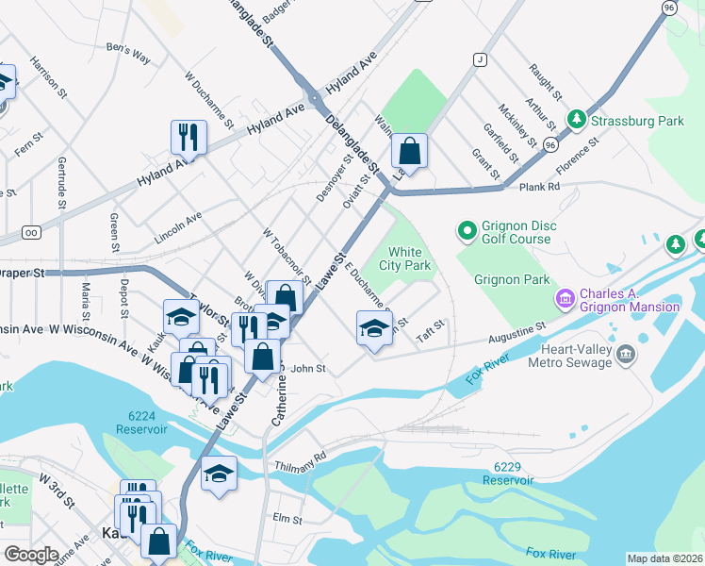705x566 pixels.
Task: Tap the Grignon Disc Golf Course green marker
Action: (x=466, y=230)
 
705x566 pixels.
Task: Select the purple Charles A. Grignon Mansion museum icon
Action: (x=566, y=299)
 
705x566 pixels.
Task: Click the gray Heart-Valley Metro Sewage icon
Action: (x=626, y=355)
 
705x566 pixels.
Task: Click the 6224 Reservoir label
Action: (x=141, y=422)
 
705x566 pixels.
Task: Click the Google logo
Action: (x=31, y=555)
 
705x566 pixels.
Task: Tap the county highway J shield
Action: (x=480, y=59)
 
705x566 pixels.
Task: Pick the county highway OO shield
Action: (x=32, y=231)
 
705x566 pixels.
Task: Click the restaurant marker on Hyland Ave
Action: (x=189, y=136)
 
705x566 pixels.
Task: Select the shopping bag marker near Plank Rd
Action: (x=409, y=149)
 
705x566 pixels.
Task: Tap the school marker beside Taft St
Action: (x=374, y=327)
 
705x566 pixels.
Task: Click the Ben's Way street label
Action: (x=129, y=53)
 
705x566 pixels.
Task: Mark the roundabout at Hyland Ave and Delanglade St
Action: (x=312, y=99)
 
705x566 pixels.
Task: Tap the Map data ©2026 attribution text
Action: (x=664, y=558)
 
